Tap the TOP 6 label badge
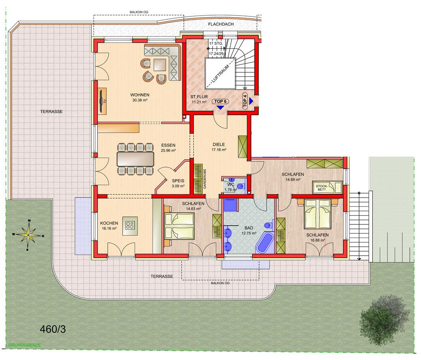tap(220, 102)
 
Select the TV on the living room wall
tap(101, 101)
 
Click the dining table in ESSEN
tap(135, 159)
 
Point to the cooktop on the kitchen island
tap(130, 225)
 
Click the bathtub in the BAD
tap(265, 243)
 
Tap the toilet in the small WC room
tap(241, 186)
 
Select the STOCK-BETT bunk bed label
tap(322, 188)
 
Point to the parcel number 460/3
tap(53, 329)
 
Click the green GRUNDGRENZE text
tap(25, 345)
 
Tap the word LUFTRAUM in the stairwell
tap(221, 73)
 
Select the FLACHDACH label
tap(221, 24)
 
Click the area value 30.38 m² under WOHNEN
tap(140, 100)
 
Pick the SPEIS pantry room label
tap(178, 181)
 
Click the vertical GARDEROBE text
tap(205, 179)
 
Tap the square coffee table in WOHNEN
tap(160, 65)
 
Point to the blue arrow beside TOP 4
tap(251, 101)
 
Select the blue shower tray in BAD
tap(230, 205)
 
